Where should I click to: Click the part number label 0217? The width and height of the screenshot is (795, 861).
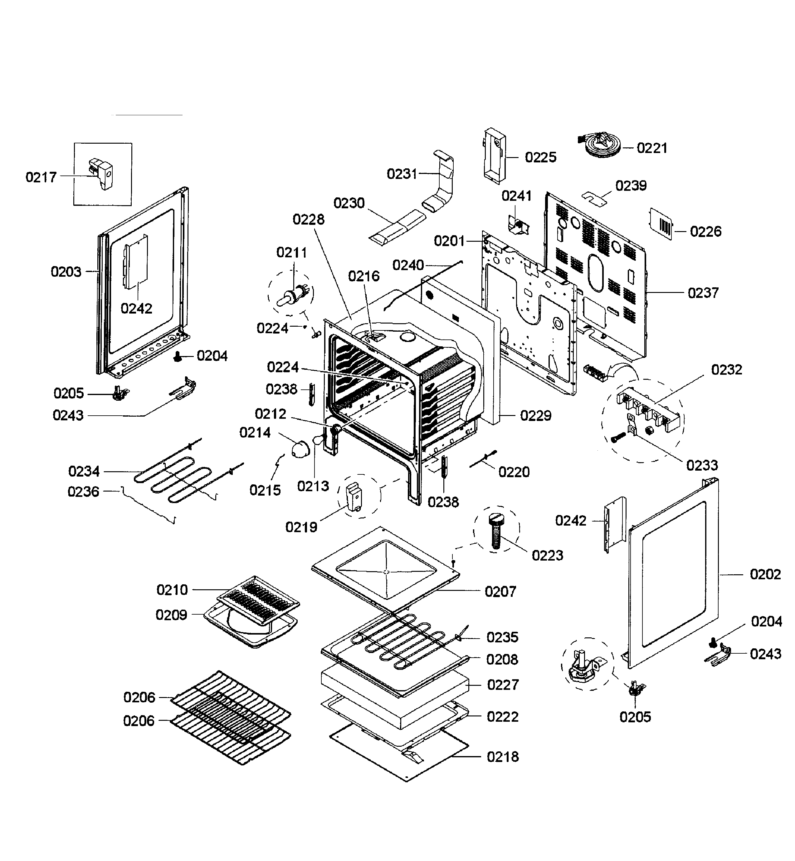click(41, 177)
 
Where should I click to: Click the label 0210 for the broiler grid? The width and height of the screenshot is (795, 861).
click(172, 589)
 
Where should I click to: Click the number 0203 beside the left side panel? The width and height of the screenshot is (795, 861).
click(66, 272)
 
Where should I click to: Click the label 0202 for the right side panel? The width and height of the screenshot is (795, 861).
click(765, 574)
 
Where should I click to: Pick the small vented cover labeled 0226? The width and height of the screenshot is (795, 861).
click(661, 223)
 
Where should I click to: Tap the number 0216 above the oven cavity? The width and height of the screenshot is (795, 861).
click(364, 276)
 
